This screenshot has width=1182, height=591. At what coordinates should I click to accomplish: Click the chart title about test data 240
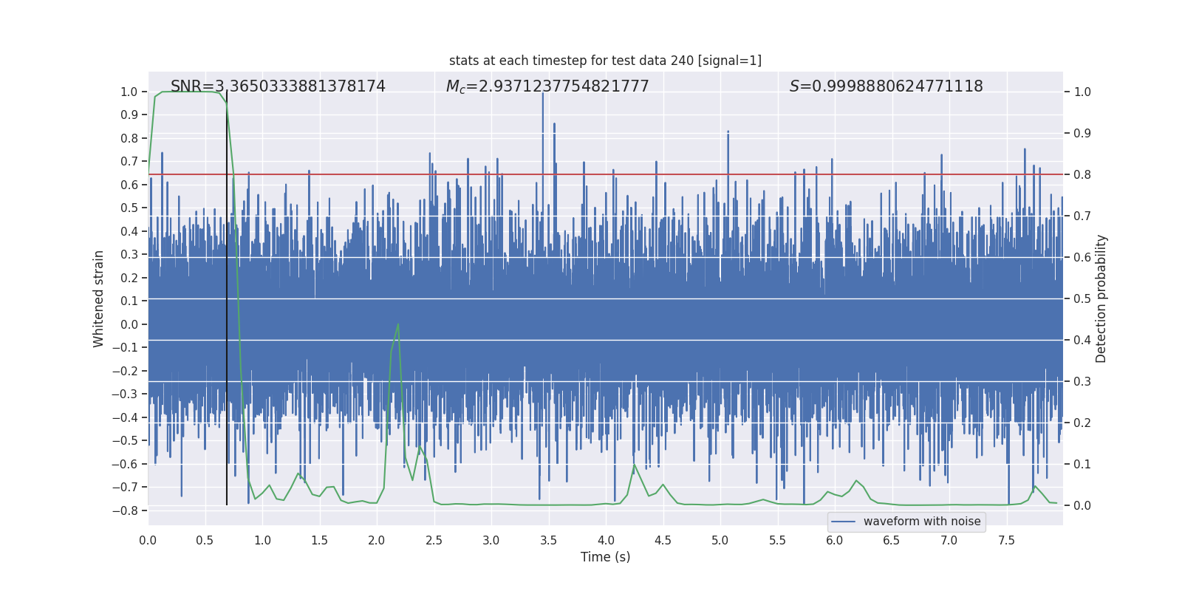(605, 61)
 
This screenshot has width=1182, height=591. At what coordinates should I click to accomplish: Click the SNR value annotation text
(278, 86)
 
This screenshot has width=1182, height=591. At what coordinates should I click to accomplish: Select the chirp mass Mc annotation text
(547, 86)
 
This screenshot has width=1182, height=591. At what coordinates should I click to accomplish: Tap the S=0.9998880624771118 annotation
(886, 86)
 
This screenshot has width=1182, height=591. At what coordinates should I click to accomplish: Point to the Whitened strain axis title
(99, 298)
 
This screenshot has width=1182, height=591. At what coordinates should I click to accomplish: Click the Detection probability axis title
(1101, 298)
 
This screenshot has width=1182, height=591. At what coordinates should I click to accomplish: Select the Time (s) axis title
(605, 557)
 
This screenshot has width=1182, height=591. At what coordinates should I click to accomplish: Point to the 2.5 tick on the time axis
(434, 541)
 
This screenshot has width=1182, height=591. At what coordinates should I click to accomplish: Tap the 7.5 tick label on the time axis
(1006, 541)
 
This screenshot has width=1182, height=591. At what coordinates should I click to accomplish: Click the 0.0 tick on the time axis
(148, 541)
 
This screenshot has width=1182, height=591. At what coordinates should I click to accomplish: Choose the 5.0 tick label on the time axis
(720, 541)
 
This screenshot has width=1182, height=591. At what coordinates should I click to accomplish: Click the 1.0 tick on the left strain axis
(129, 92)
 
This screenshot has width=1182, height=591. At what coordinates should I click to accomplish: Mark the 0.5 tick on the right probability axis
(1082, 298)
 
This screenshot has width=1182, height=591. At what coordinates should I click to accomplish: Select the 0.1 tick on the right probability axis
(1082, 464)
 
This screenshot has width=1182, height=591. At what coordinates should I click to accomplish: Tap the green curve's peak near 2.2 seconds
(398, 324)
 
